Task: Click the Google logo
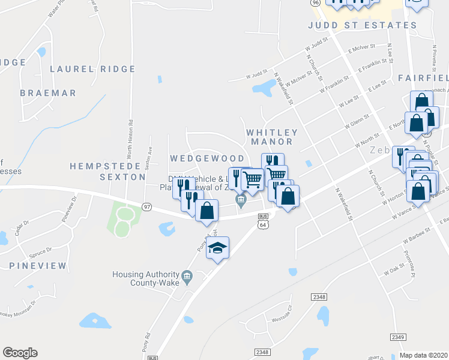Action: [20, 353]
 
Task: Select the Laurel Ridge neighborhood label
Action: [92, 69]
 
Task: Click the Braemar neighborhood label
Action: [48, 93]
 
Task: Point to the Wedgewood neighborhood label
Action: [206, 158]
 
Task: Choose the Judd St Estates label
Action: [362, 25]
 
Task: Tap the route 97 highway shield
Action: [147, 206]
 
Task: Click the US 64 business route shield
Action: [262, 220]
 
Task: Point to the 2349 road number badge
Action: [397, 338]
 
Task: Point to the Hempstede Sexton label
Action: [107, 171]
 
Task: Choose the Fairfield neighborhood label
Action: [423, 78]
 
